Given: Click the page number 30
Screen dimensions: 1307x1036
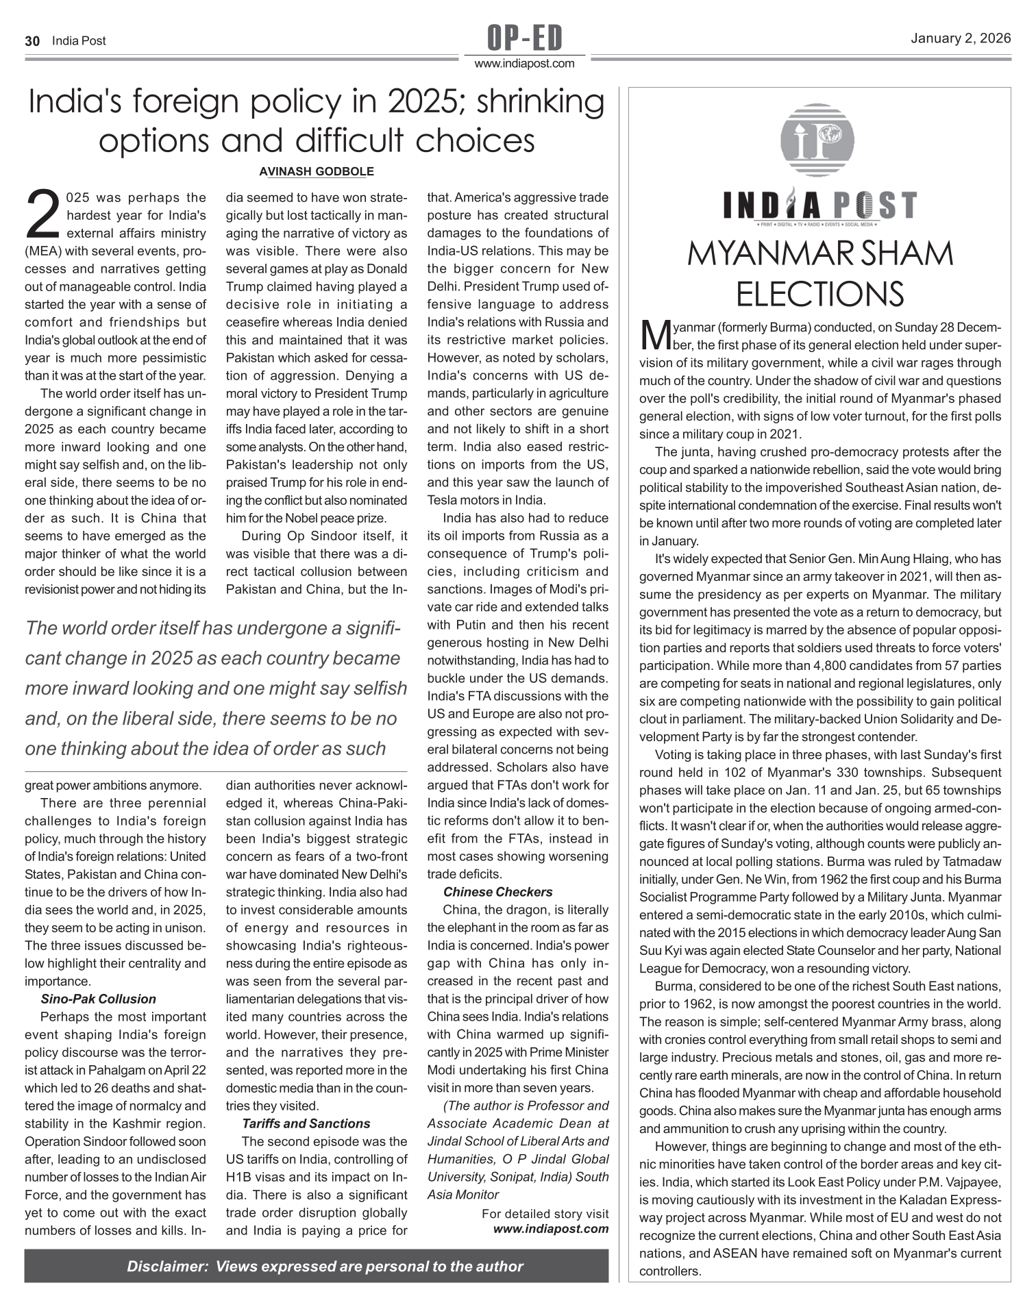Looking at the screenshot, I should [x=32, y=41].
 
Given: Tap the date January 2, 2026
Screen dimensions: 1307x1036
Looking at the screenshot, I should [x=961, y=38].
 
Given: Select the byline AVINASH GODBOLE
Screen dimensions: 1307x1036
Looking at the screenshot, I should [x=316, y=171].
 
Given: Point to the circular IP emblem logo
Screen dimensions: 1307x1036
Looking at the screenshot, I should [x=817, y=139].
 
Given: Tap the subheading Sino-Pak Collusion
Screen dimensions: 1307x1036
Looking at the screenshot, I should [x=98, y=999].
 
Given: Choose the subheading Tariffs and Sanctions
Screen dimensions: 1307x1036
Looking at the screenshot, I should [x=306, y=1123].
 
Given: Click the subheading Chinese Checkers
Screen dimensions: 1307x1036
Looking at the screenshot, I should [x=497, y=892].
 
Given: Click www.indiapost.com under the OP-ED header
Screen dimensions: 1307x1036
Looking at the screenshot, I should [x=524, y=64].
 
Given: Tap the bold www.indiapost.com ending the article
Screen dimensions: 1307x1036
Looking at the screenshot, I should [x=551, y=1228].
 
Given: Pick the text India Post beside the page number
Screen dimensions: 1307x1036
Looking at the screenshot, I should [x=79, y=41].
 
